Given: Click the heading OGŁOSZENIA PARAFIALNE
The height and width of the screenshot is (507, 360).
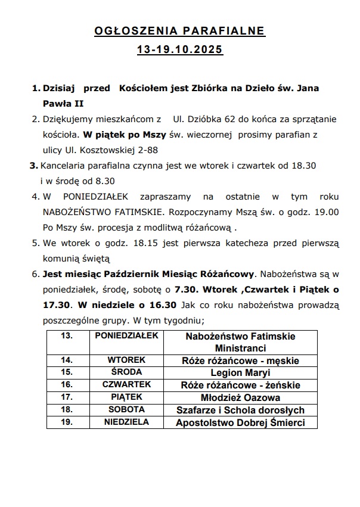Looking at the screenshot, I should point(179,32).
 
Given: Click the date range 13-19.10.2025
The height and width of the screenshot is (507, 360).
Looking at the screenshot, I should point(179,51).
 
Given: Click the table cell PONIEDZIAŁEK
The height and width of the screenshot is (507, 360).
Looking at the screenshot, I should point(126,336).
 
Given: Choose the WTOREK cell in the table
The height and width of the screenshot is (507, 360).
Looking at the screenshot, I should point(126,360).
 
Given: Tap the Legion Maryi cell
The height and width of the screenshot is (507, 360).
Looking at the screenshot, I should point(240,373).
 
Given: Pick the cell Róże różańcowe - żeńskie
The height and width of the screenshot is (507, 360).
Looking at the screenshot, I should point(240,385).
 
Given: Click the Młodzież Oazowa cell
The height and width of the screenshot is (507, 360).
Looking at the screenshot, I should point(240,398).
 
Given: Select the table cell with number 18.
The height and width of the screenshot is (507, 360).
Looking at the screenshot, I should point(67,410).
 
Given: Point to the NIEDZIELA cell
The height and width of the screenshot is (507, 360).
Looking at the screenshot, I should point(126,422).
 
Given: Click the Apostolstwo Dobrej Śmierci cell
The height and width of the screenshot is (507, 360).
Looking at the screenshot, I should point(240,423).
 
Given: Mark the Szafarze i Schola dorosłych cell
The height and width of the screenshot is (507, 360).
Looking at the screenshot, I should point(240,410).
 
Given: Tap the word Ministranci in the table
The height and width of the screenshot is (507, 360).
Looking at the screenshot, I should point(240,348).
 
